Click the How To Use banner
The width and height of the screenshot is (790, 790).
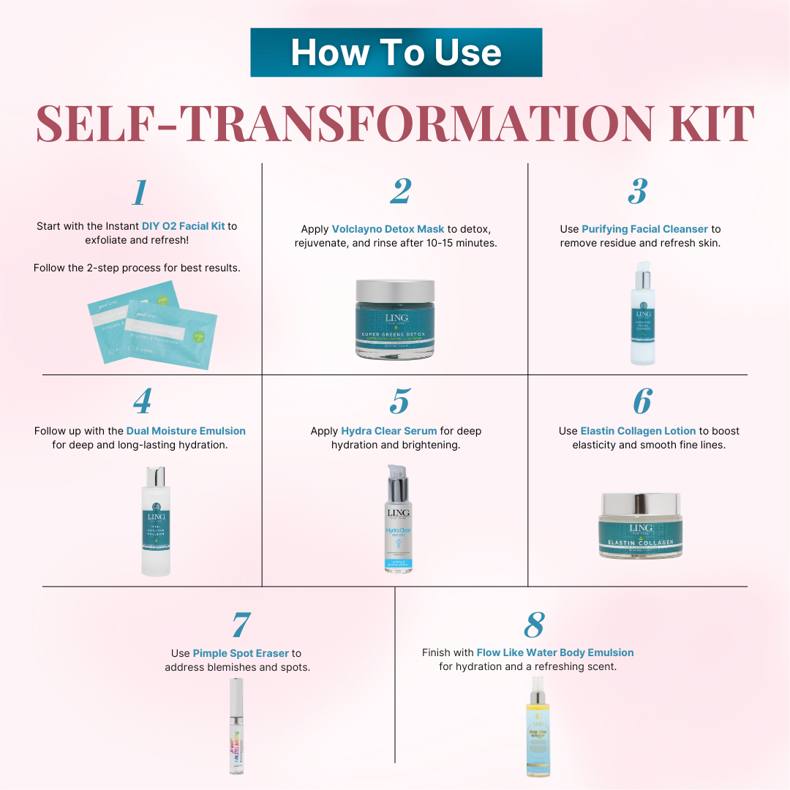pyautogui.click(x=396, y=53)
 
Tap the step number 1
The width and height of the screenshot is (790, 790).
pyautogui.click(x=139, y=192)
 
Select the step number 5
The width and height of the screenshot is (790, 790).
pyautogui.click(x=399, y=402)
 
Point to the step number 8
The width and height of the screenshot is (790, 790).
pyautogui.click(x=535, y=624)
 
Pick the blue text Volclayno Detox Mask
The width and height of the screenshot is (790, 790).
pyautogui.click(x=388, y=229)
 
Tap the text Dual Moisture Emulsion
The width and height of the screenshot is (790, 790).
pyautogui.click(x=186, y=431)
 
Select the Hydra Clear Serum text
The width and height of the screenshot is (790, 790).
pyautogui.click(x=389, y=431)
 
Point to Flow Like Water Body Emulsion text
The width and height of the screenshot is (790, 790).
pyautogui.click(x=555, y=652)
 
